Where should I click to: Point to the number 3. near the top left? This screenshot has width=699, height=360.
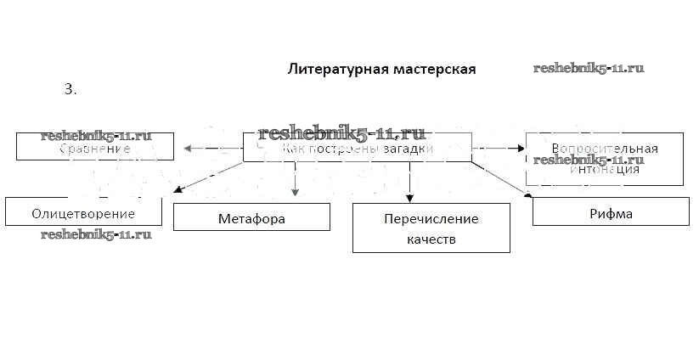click(x=70, y=88)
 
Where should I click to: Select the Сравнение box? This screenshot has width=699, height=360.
click(x=95, y=147)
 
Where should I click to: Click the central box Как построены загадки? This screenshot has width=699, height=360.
click(x=357, y=148)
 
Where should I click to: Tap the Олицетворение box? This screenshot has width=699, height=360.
click(x=83, y=211)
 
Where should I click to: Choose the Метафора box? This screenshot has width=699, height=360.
click(x=251, y=217)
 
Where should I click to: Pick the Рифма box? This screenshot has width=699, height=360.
click(x=611, y=212)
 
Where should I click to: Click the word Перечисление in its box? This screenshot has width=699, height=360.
click(x=431, y=219)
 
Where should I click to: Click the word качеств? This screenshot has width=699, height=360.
click(x=431, y=239)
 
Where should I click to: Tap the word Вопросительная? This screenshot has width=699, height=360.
click(x=604, y=149)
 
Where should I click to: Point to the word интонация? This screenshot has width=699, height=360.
click(x=604, y=168)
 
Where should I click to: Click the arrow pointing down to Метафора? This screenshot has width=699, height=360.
click(x=295, y=180)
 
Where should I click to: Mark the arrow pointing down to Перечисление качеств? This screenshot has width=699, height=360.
click(x=409, y=181)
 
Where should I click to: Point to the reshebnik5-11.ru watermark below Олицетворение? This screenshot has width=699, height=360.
click(x=96, y=234)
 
